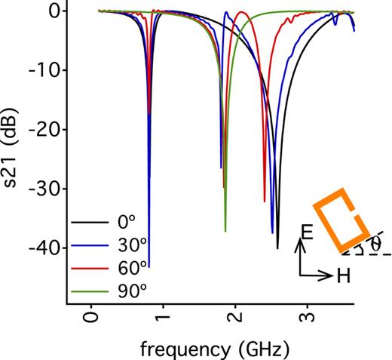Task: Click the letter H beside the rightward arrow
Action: tap(344, 276)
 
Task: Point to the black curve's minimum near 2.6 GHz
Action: tap(277, 248)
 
